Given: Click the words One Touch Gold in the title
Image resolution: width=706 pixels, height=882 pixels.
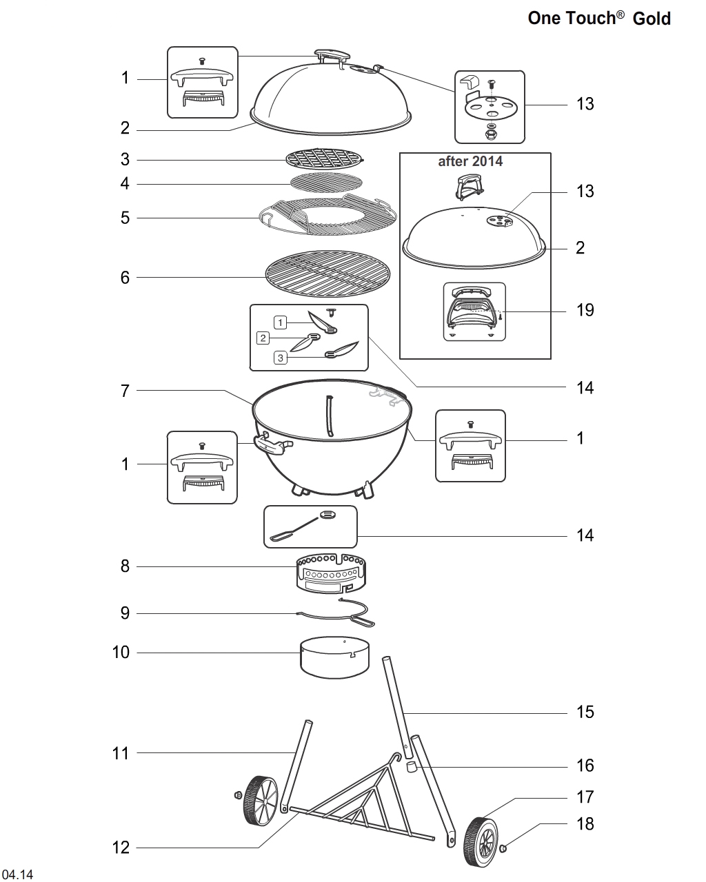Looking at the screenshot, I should (x=598, y=19).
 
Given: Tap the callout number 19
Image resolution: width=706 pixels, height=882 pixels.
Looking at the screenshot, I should (x=585, y=310).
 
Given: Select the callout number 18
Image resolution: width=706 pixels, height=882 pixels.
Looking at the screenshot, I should (x=585, y=823).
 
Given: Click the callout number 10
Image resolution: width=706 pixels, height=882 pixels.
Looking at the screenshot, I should (x=121, y=652).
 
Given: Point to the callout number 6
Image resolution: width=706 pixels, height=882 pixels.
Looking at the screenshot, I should (x=125, y=277).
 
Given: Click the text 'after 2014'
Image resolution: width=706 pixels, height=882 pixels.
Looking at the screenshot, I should (x=470, y=161).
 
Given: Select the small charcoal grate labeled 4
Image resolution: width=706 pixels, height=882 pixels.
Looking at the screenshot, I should (x=325, y=183).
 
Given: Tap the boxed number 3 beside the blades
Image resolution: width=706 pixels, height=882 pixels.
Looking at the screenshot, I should (x=280, y=358).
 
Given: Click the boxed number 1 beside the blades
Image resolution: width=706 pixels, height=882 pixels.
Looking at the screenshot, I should (x=280, y=322).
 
